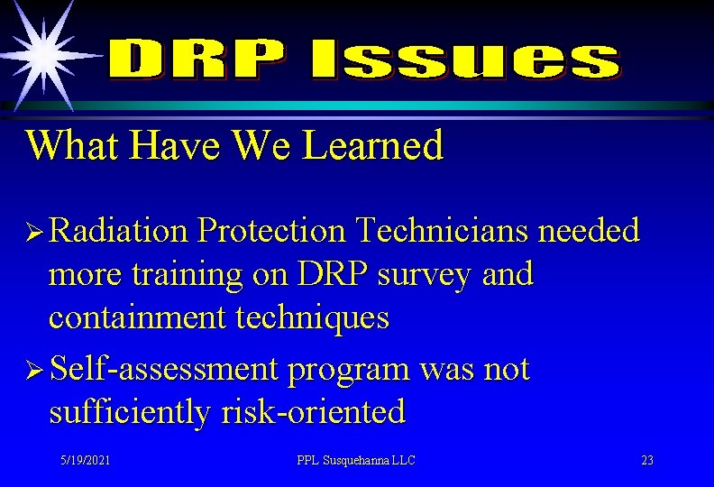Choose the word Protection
click(x=271, y=231)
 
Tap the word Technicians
click(x=443, y=231)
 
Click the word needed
click(x=590, y=231)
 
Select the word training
click(x=188, y=274)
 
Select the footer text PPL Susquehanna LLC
click(x=356, y=461)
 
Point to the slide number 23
click(x=646, y=461)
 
